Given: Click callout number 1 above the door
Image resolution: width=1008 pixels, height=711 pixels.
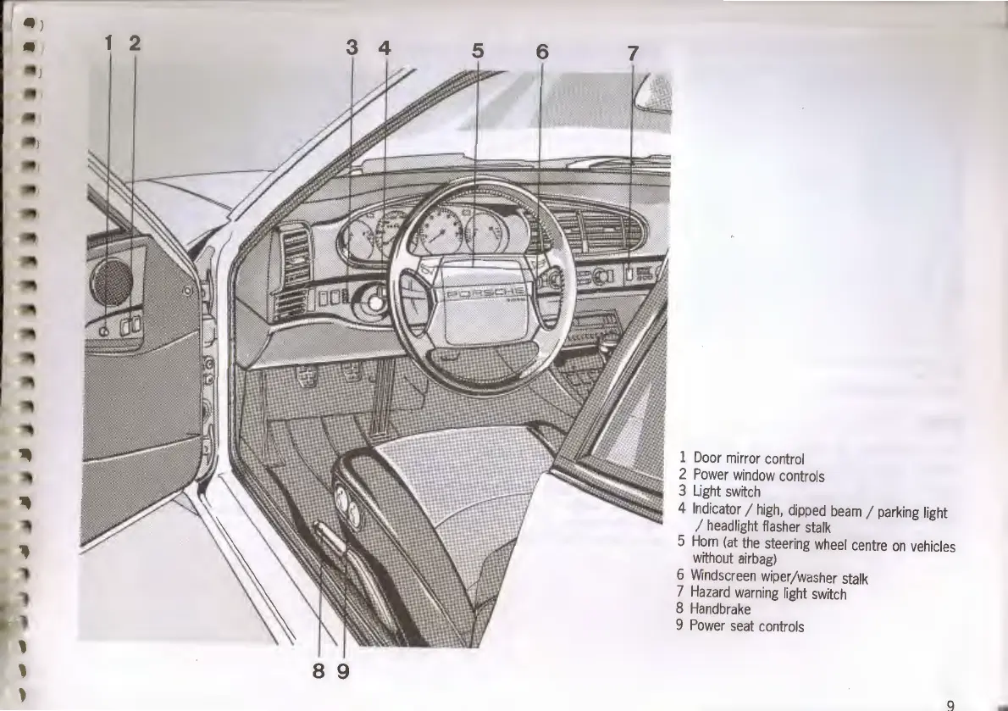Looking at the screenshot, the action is pos(108,43).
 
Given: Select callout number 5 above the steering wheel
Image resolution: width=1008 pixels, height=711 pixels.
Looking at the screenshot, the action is pos(478,51).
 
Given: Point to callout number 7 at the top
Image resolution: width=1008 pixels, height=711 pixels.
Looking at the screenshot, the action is pos(633,53).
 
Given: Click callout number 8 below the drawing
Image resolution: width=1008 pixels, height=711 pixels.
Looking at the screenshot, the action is pos(318,671).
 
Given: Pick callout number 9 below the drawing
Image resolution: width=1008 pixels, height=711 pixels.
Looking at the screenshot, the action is pos(343,671).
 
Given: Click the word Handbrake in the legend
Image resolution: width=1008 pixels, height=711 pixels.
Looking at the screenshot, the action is pos(720,608).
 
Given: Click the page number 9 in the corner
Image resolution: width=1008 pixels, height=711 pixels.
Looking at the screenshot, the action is pos(950,704).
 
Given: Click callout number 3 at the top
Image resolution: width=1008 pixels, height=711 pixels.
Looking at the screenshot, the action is pos(352,48).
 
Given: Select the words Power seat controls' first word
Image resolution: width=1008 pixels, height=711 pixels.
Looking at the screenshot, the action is pos(708,626).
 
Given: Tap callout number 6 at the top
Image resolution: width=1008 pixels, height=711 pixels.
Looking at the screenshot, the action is pos(542,52).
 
